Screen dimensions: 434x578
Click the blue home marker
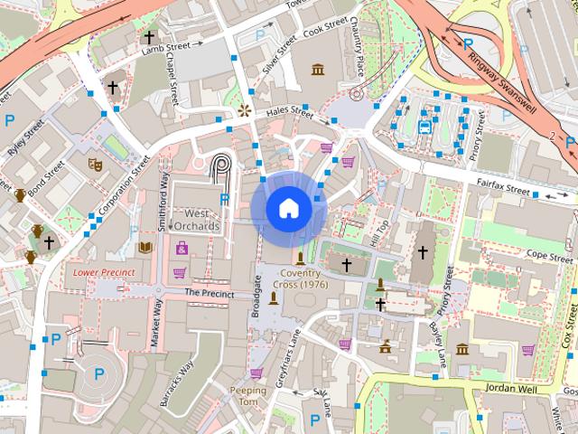[287, 208]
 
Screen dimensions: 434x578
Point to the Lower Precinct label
[104, 271]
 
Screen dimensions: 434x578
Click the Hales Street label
[290, 114]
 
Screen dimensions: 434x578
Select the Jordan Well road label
[511, 389]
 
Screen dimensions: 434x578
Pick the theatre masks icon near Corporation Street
[93, 165]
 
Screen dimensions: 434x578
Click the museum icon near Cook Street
[317, 71]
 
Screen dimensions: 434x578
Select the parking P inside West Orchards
[225, 199]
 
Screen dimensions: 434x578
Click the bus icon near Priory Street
[424, 127]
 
